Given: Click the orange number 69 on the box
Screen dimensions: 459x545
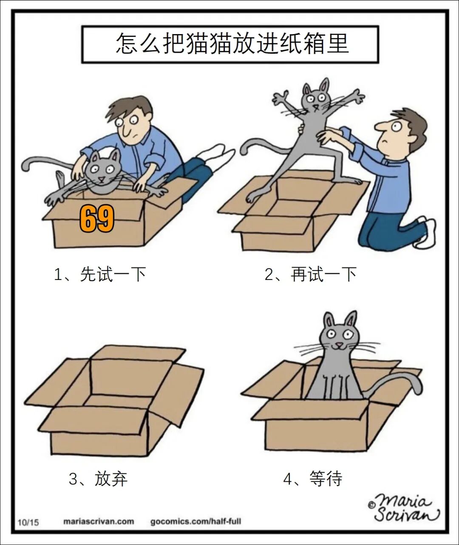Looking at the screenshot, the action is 97,219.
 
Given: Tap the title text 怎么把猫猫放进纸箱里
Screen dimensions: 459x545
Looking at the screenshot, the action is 232,43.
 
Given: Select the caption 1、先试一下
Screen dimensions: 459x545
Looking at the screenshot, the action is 99,274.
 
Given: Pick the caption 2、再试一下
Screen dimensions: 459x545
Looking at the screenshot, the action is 310,274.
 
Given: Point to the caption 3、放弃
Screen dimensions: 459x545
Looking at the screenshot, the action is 98,479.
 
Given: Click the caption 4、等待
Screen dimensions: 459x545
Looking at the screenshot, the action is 313,479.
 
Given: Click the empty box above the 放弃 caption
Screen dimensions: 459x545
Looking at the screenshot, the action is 115,399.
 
